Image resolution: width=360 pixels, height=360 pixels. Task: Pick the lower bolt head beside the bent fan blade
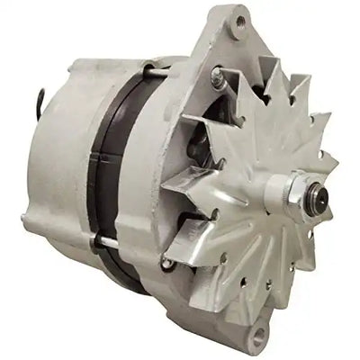click(x=167, y=263)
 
